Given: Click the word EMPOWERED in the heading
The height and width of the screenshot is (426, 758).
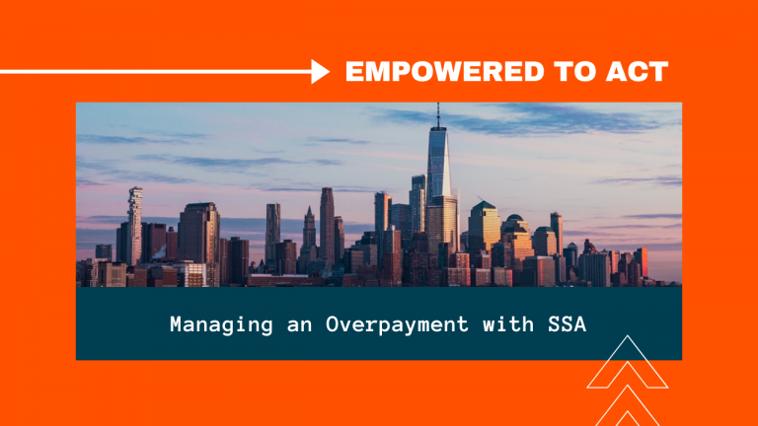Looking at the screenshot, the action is coord(445,71).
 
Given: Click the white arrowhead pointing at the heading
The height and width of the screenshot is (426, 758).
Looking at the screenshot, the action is coord(320,71).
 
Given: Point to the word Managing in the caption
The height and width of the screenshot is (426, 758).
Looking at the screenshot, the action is coord(221,324).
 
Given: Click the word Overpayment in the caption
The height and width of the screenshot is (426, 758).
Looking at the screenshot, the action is coord(397,324).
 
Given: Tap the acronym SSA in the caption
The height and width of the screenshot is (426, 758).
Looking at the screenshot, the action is coord(568,324).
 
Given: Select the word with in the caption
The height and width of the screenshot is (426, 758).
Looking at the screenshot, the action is coord(508,323).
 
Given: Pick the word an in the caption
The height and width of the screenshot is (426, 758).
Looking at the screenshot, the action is coord(299,325).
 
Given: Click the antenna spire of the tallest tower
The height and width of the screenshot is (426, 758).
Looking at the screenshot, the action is coord(438,115).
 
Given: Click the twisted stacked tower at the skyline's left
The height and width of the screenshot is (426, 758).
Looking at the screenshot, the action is coord(135,225).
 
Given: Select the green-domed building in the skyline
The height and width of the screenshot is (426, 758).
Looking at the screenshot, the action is coord(515,237).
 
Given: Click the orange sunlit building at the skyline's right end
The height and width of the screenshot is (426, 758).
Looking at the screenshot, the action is coord(642,262).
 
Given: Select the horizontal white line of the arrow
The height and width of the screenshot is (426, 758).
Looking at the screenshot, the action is coord(156,72).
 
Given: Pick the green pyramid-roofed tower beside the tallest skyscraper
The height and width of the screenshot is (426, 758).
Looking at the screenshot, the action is coord(484,227).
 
